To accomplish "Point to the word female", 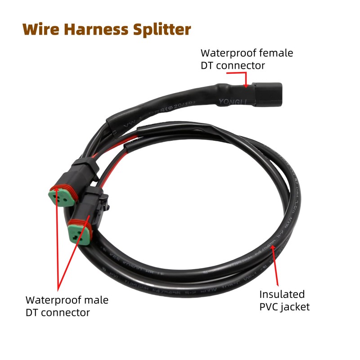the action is (274, 53).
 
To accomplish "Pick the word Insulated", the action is (282, 295).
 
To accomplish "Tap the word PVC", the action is (270, 307).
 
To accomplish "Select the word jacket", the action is (296, 308).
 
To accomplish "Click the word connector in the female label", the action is (243, 66).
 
